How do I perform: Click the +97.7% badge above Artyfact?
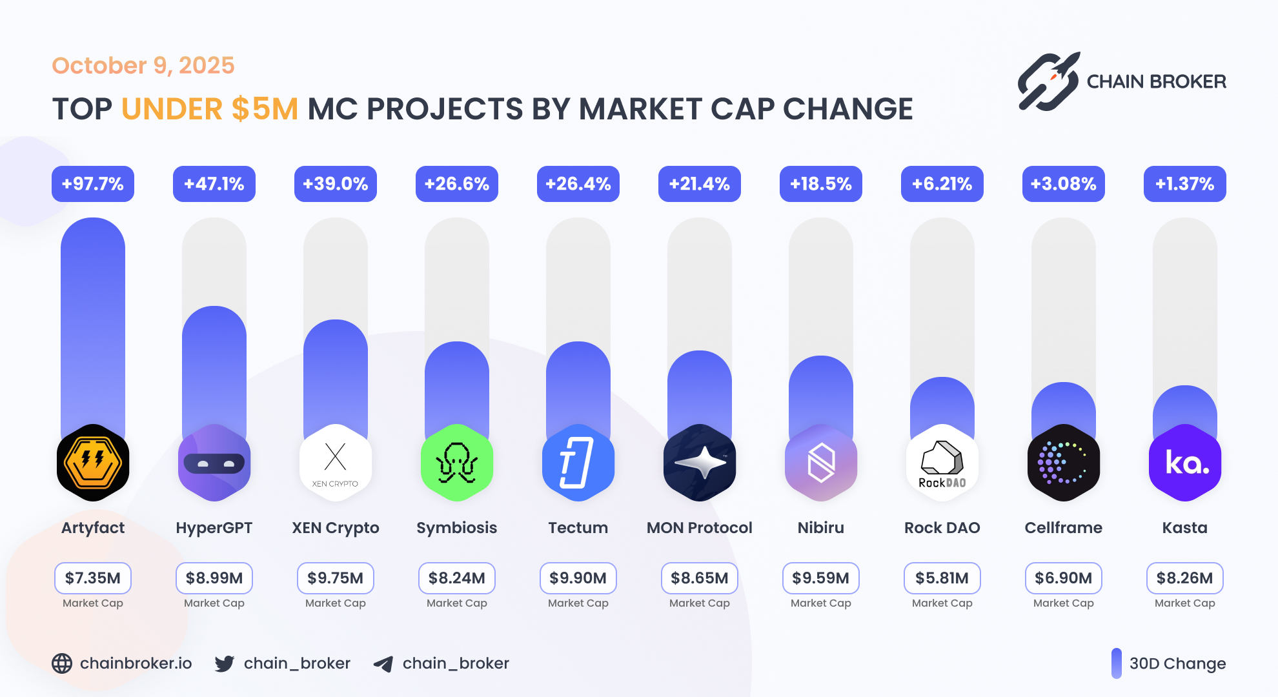click(93, 184)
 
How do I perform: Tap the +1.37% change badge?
click(1184, 184)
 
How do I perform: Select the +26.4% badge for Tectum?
click(578, 184)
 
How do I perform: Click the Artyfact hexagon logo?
click(93, 463)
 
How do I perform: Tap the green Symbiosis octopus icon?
click(457, 463)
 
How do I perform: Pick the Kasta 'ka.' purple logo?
click(1184, 463)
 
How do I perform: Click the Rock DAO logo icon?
click(942, 463)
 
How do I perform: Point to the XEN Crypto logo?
click(336, 463)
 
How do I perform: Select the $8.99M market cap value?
click(214, 578)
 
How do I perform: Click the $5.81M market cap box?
click(942, 578)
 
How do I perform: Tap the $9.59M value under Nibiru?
click(820, 578)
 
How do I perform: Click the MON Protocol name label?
click(699, 528)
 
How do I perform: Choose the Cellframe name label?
click(1063, 528)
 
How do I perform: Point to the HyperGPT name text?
click(214, 528)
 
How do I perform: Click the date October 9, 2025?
click(143, 66)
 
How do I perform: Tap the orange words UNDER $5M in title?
click(210, 109)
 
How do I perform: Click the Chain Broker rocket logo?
click(1049, 81)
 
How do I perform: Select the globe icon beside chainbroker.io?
click(62, 663)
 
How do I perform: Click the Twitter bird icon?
click(225, 663)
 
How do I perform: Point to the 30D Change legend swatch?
click(1116, 663)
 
